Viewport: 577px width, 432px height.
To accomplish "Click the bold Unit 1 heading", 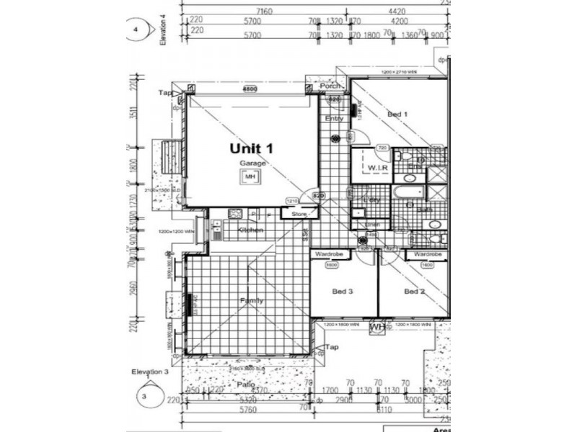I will pos(251,148).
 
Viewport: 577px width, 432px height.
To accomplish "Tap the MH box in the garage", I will pos(250,176).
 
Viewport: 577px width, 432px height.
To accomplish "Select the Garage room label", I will pos(253,164).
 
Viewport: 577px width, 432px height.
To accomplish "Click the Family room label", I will pos(252,301).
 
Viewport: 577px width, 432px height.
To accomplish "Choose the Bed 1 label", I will pos(397,114).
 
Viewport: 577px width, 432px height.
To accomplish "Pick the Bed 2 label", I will pos(413,292).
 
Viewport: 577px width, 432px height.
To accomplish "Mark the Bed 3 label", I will pos(342,292).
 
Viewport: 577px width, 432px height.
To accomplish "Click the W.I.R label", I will pos(379,168).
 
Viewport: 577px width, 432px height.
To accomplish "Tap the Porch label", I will pos(330,86).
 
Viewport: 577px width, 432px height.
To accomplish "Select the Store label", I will pos(299,214).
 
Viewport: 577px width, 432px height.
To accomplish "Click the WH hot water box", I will pos(376,328).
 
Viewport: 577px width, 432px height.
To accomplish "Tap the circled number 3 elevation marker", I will pos(144,395).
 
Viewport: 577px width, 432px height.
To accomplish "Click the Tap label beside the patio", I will pos(332,348).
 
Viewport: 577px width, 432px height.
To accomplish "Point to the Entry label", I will pos(334,118).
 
